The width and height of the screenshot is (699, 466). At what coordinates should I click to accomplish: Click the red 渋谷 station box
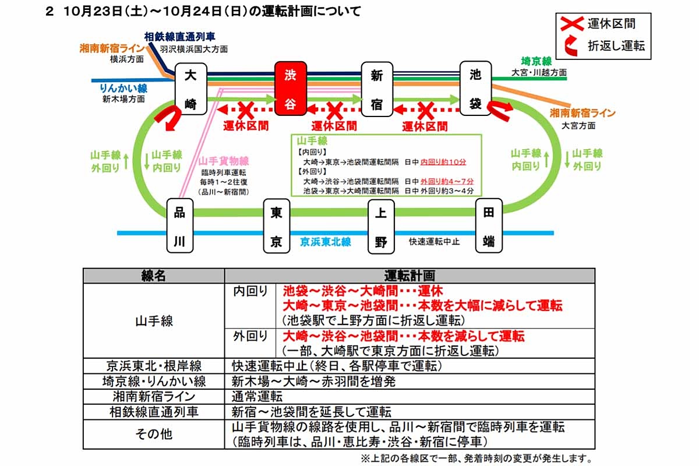click(x=290, y=90)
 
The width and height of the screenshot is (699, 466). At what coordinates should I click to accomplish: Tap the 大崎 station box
click(x=191, y=90)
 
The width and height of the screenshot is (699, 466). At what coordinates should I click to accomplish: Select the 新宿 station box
click(x=376, y=90)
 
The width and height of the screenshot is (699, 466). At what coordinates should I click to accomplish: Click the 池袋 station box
click(x=475, y=90)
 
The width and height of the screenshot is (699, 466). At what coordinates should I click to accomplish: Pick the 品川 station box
click(x=179, y=227)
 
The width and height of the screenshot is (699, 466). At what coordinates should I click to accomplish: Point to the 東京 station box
click(x=277, y=227)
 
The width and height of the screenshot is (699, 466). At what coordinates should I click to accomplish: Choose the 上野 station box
click(x=381, y=227)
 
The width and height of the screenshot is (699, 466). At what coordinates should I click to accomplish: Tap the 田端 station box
click(x=489, y=227)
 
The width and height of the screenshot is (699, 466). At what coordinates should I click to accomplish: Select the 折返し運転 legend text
click(x=617, y=46)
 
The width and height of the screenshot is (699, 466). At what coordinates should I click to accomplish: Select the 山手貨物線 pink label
click(x=224, y=161)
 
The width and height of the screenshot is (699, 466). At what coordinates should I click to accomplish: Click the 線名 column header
click(x=154, y=276)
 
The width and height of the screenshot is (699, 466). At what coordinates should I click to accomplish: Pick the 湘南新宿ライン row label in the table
click(x=154, y=397)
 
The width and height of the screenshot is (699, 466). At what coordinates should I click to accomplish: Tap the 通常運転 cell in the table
click(x=257, y=397)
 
